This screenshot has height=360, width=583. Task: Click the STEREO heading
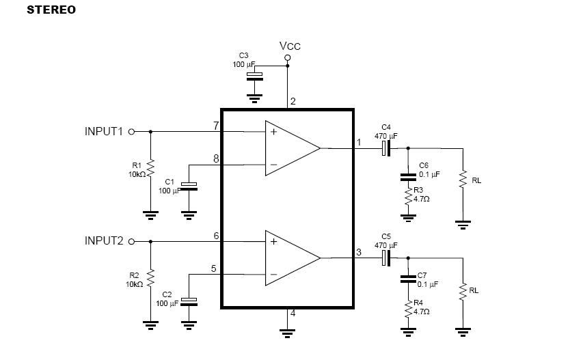point(51,10)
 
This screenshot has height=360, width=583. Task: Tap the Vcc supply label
point(290,46)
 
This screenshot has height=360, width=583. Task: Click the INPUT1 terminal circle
point(131,132)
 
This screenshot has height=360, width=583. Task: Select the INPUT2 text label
point(104,240)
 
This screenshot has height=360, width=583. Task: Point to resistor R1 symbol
point(150,168)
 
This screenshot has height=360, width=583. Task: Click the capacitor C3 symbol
point(255,76)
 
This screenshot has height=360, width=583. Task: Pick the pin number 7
point(216,126)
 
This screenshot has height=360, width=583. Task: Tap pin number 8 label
point(216,158)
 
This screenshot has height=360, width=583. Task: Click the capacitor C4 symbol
point(386,149)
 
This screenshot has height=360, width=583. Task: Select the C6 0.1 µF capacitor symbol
point(408,177)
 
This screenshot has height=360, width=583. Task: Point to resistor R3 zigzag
point(408,196)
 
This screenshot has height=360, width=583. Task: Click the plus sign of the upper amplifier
point(273,132)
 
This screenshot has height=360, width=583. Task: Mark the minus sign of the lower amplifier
point(273,275)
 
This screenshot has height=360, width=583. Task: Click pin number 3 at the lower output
point(359,252)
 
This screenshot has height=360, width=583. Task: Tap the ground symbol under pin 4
point(288,333)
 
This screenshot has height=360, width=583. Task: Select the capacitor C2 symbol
point(189,302)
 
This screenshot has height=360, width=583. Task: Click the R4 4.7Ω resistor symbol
point(408,308)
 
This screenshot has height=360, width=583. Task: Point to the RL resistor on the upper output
point(463,179)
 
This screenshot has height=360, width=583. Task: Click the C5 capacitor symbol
point(386,258)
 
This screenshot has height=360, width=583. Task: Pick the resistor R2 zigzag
point(150,278)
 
